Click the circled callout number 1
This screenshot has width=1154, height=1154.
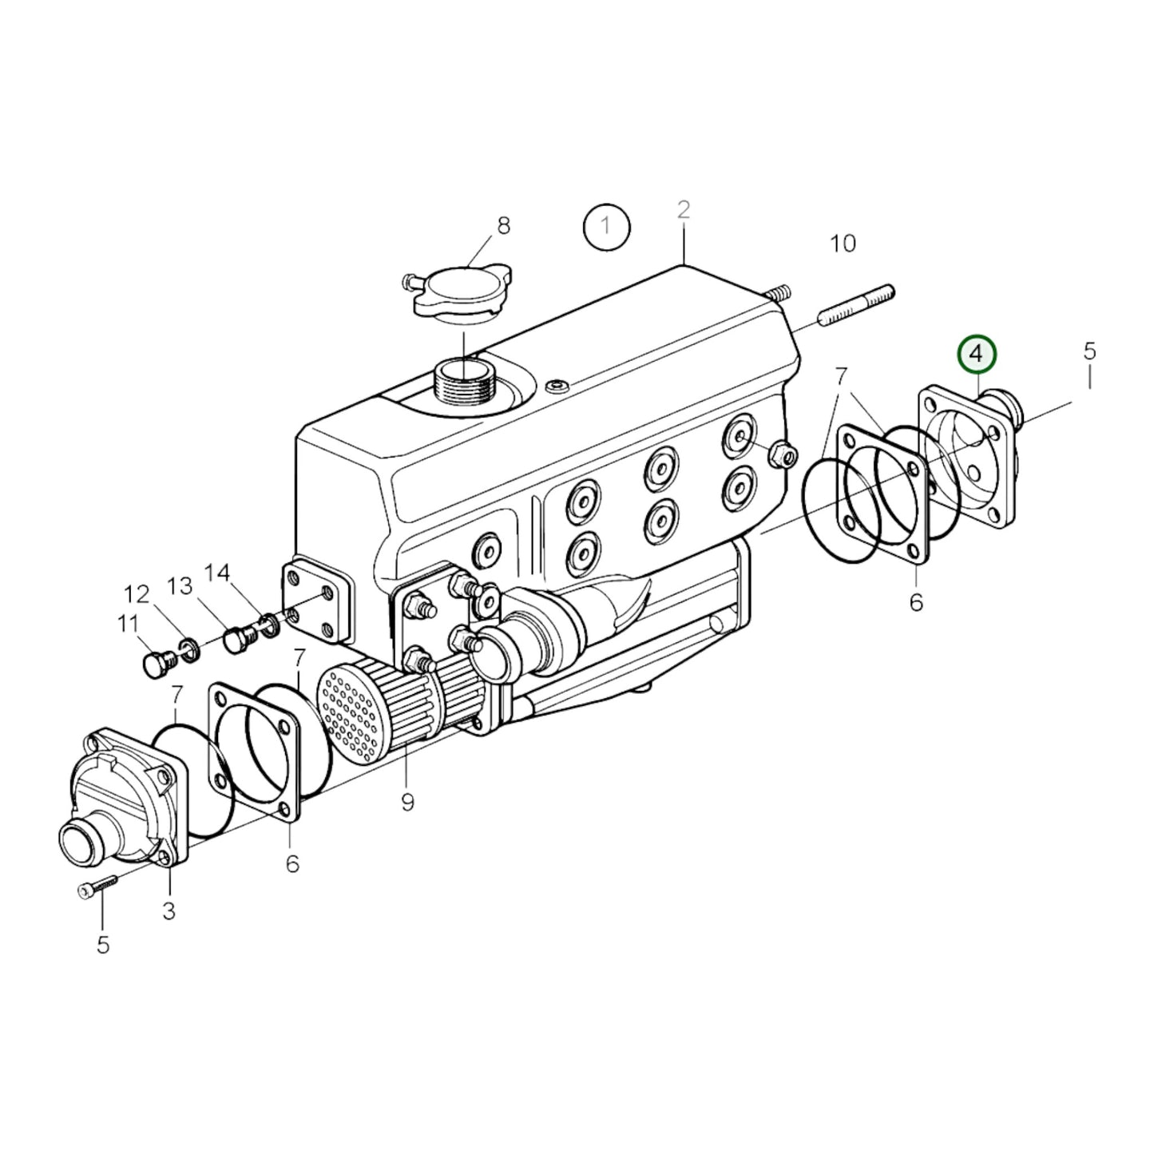[606, 226]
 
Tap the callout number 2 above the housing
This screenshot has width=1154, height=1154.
[684, 210]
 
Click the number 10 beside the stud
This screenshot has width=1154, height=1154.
[843, 243]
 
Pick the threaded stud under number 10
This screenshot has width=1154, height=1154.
[855, 306]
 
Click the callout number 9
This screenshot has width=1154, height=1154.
[407, 802]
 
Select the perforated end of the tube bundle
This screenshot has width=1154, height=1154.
[351, 712]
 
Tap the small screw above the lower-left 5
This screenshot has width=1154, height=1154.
[97, 886]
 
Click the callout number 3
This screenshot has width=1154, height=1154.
[169, 910]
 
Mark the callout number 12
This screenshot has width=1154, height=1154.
[137, 595]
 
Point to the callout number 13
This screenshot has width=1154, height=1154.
[180, 586]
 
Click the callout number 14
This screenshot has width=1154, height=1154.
[217, 573]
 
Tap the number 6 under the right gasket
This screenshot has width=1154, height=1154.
[916, 602]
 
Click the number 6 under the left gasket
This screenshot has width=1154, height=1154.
[292, 863]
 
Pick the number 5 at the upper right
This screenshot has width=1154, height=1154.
[1090, 351]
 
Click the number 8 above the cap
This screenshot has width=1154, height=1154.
[503, 226]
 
